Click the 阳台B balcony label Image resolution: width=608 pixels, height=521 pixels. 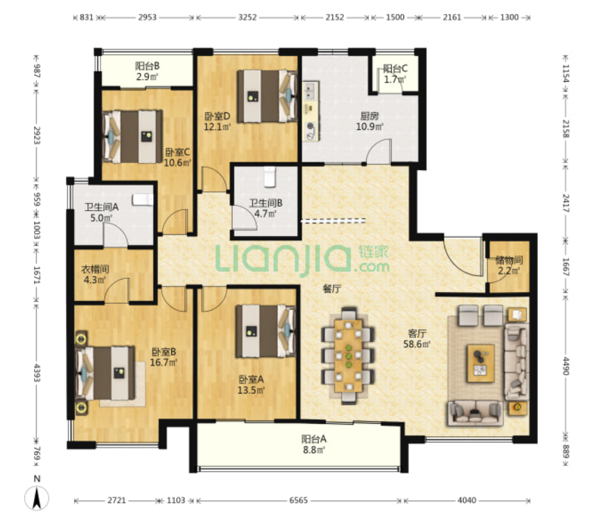pos(148,66)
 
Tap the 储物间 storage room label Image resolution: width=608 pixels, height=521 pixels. pos(509,260)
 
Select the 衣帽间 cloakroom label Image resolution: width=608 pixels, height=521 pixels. pos(95,269)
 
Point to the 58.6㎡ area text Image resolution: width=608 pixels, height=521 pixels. pos(417,344)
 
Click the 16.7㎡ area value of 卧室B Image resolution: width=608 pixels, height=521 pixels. pos(164,362)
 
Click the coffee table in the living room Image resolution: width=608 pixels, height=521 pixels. pos(481,363)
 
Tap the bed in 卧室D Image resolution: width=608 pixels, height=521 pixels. pos(267,96)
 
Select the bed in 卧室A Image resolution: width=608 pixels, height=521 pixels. pos(266,331)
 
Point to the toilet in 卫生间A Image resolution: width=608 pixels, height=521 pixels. pos(142,199)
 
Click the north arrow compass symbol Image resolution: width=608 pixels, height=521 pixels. pos(37,497)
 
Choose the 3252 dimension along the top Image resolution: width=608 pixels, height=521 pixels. pos(247,17)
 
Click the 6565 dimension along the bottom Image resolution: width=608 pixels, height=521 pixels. pos(299,500)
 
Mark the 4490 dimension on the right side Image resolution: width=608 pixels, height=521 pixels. pos(565,366)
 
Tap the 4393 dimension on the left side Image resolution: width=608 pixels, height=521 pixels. pos(37,373)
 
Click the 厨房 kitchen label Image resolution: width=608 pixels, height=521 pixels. pos(369,116)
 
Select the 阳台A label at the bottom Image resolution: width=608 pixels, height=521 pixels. pos(314,439)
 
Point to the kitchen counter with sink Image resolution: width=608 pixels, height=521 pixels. pos(311,111)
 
